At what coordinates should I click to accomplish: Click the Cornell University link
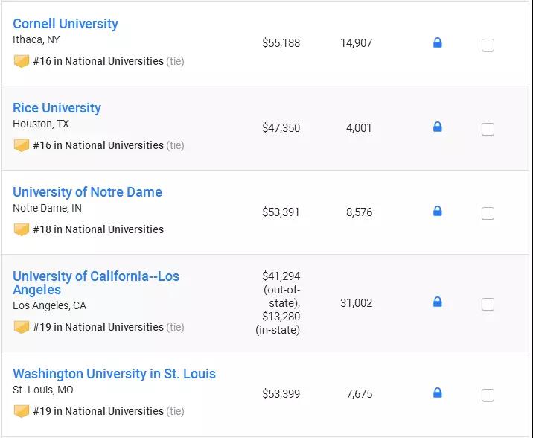(x=66, y=24)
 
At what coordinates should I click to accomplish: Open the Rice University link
(x=57, y=108)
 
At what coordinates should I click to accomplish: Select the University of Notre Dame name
(x=87, y=192)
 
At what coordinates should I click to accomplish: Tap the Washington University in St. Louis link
(x=114, y=374)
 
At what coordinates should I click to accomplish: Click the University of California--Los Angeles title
(x=95, y=283)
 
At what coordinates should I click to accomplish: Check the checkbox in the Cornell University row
(x=488, y=45)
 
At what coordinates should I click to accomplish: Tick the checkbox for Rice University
(x=488, y=130)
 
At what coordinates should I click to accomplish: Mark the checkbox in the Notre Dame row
(x=488, y=214)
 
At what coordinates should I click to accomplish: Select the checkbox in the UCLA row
(x=488, y=305)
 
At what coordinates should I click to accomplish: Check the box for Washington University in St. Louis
(x=488, y=396)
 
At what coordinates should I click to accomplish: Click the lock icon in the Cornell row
(x=438, y=42)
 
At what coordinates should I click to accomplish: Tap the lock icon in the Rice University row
(x=438, y=127)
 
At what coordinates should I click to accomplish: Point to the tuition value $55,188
(x=281, y=43)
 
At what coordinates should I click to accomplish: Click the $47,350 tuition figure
(x=281, y=128)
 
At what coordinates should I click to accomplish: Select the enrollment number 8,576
(x=359, y=212)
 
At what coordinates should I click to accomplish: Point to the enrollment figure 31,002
(x=356, y=303)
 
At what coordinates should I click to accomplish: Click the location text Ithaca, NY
(x=36, y=39)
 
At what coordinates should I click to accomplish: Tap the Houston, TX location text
(x=41, y=124)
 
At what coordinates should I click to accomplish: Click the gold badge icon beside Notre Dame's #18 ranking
(x=21, y=229)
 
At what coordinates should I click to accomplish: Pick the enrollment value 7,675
(x=359, y=394)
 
